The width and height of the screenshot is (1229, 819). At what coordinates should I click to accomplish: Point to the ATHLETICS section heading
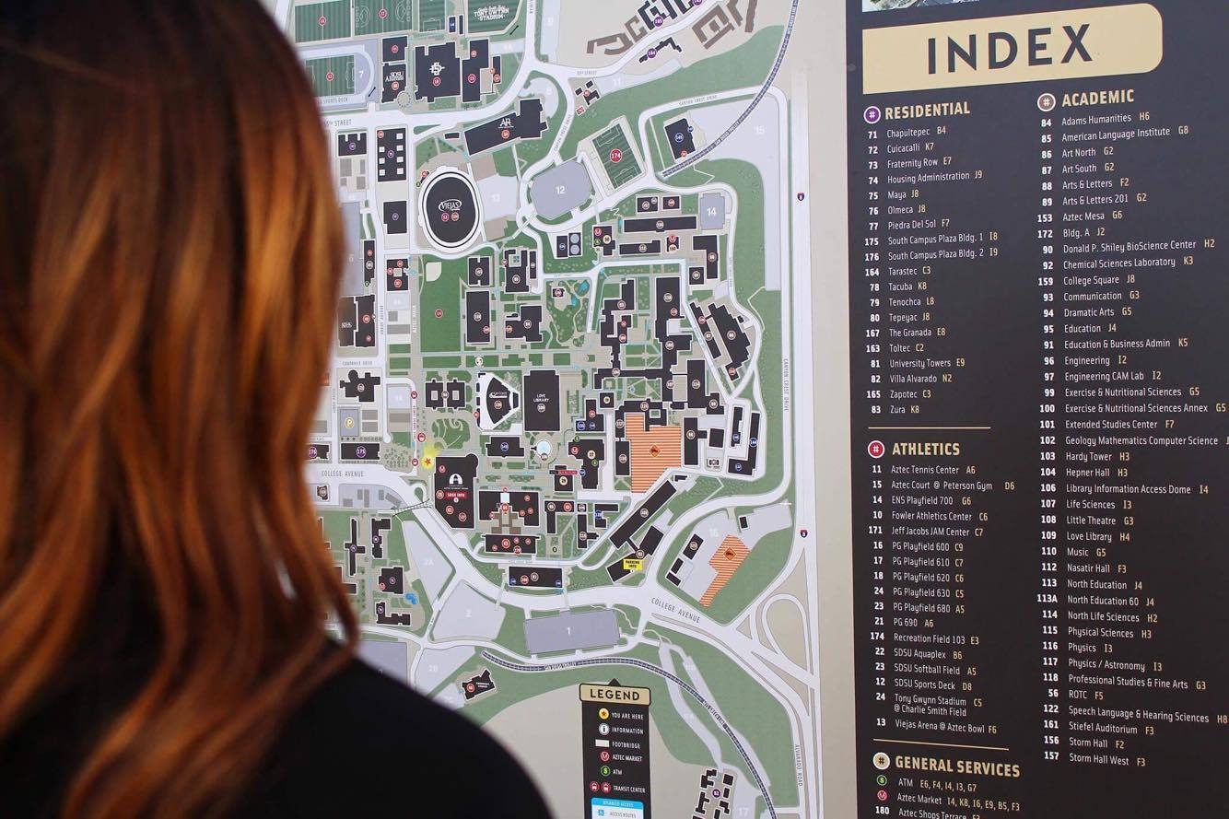pyautogui.click(x=925, y=450)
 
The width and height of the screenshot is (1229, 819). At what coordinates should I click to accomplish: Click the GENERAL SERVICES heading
pyautogui.click(x=956, y=766)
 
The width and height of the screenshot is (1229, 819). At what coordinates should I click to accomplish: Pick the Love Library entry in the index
pyautogui.click(x=1089, y=536)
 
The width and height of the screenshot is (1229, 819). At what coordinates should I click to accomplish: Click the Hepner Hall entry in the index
pyautogui.click(x=1087, y=473)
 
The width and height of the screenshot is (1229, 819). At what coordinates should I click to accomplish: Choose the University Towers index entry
pyautogui.click(x=919, y=363)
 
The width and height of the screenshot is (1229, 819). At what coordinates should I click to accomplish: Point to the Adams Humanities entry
pyautogui.click(x=1095, y=119)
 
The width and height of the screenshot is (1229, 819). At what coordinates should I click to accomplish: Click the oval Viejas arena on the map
pyautogui.click(x=451, y=209)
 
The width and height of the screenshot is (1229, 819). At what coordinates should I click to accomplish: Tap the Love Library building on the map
pyautogui.click(x=541, y=400)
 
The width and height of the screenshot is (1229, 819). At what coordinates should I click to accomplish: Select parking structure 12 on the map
pyautogui.click(x=560, y=190)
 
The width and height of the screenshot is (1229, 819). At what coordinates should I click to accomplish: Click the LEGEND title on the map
pyautogui.click(x=614, y=695)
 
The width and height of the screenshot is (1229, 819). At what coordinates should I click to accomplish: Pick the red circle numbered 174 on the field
pyautogui.click(x=615, y=157)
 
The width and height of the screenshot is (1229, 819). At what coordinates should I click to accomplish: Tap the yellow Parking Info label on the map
pyautogui.click(x=632, y=563)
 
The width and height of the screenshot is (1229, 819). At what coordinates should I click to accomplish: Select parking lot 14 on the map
pyautogui.click(x=711, y=212)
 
